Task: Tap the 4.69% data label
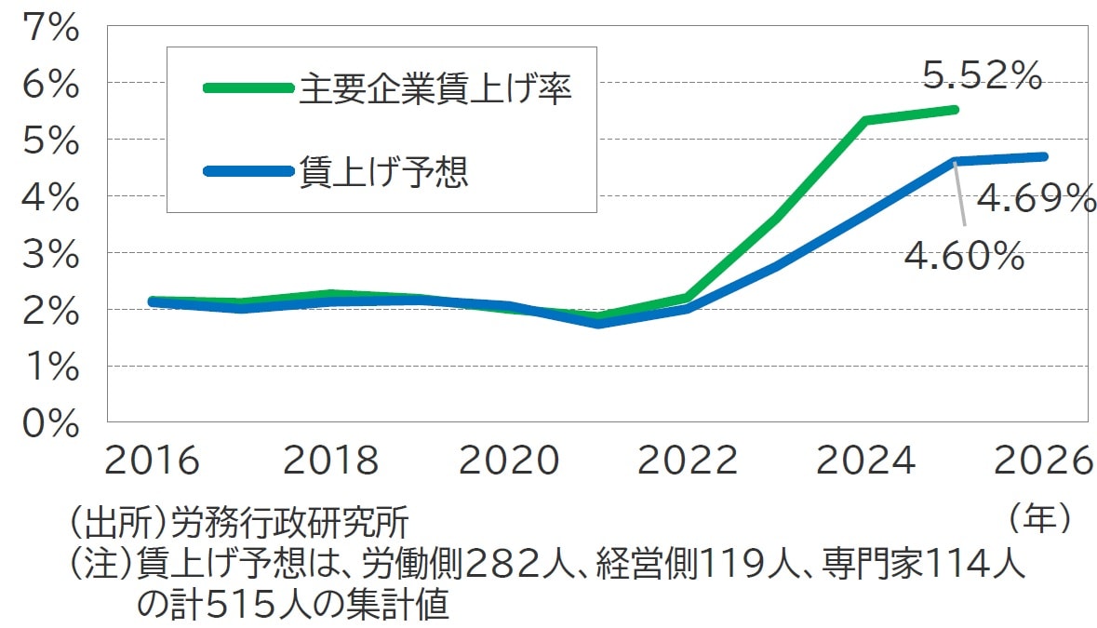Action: [1036, 198]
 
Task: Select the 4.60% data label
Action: [965, 255]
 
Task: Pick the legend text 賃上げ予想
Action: [383, 172]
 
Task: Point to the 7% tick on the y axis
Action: [54, 28]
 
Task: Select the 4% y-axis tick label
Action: [54, 197]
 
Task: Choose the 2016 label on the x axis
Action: [153, 461]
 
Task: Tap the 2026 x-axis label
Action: [1041, 461]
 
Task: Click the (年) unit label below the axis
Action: [1040, 518]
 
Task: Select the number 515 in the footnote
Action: [236, 605]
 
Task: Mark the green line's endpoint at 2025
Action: [956, 110]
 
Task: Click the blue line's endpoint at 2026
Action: [1044, 156]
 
